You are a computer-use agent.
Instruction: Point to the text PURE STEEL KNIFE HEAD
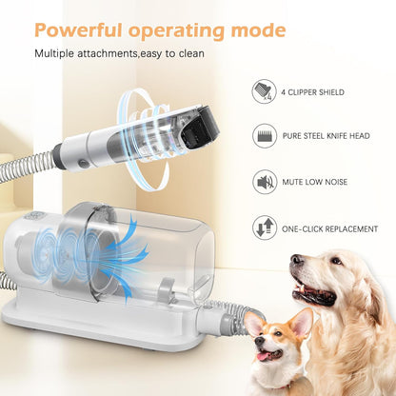point(332,137)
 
